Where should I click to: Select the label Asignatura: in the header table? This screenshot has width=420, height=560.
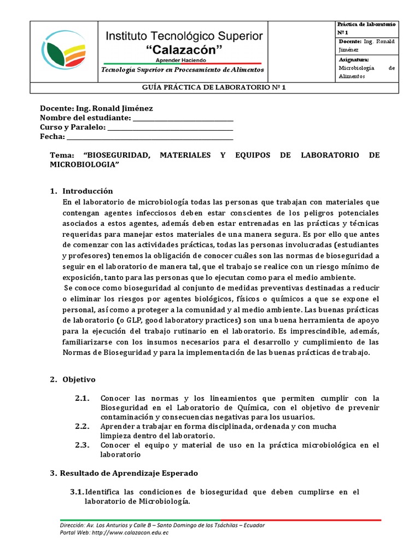(x=354, y=59)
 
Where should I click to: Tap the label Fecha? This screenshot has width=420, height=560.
(x=52, y=137)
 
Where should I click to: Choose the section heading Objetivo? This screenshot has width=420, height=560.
(x=79, y=379)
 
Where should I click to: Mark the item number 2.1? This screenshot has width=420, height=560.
(x=82, y=398)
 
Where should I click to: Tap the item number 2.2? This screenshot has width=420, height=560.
(x=82, y=426)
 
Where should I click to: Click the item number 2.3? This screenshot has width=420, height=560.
(x=82, y=445)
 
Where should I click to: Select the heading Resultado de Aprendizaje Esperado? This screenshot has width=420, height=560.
(x=129, y=472)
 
